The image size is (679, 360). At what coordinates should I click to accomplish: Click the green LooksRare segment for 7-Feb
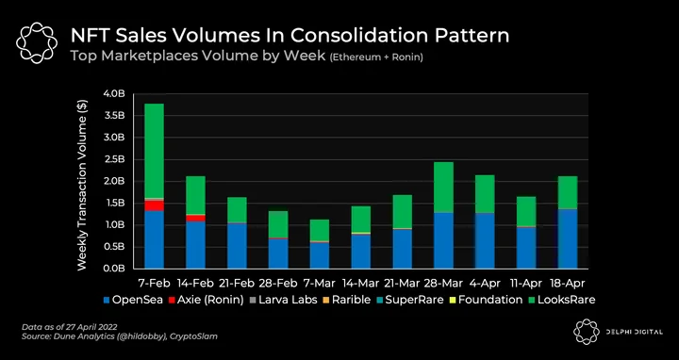154,151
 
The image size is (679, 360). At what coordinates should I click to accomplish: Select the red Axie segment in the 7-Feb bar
154,205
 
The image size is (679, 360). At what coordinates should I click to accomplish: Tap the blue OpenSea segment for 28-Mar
443,240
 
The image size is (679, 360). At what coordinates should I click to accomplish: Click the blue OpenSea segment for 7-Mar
320,255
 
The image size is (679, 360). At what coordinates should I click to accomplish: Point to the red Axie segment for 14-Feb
196,218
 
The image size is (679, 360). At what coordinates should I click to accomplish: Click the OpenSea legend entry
133,300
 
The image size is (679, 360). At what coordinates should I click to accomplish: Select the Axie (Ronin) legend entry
207,300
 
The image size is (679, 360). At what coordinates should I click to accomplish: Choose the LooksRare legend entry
562,300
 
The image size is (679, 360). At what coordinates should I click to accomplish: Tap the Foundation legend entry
487,300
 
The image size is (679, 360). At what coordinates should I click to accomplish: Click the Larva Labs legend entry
284,300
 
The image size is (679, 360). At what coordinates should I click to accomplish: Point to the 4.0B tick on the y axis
114,93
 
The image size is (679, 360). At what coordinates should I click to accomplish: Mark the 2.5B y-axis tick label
114,159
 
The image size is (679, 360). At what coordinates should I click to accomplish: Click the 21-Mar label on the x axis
402,284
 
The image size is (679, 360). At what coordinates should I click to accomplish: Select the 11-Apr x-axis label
526,284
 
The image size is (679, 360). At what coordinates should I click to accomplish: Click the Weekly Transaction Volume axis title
82,185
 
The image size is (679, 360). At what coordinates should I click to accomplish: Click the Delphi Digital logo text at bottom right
635,332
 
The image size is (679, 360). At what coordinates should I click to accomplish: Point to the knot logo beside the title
37,42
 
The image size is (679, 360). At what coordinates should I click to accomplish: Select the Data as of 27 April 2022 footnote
69,327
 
